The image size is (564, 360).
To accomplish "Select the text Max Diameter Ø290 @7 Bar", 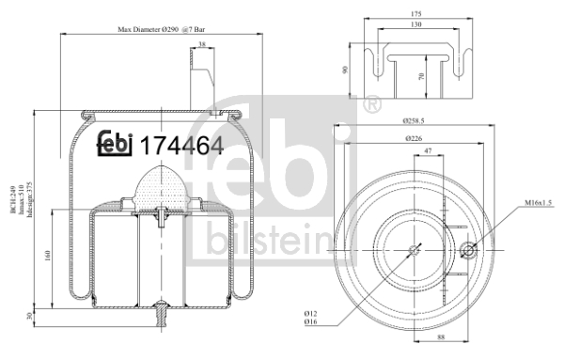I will tap(168, 31).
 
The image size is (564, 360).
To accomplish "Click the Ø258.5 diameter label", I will tap(415, 121).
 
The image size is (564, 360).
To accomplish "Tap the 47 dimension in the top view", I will tap(429, 150).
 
